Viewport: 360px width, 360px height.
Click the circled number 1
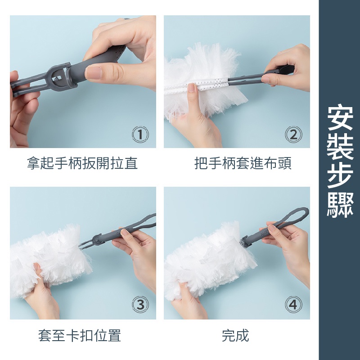[140, 135]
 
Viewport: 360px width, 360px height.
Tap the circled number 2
[293, 135]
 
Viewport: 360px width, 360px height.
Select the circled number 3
[140, 305]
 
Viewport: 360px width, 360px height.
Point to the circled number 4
[293, 305]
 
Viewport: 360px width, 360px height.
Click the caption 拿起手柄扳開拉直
[82, 163]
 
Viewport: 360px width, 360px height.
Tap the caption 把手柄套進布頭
[243, 163]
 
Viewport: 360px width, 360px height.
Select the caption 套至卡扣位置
[80, 335]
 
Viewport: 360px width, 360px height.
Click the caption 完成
[235, 335]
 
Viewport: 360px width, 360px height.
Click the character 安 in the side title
[340, 117]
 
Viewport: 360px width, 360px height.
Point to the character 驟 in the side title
[340, 205]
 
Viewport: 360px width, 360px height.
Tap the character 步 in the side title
[340, 175]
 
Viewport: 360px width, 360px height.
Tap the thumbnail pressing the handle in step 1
[94, 73]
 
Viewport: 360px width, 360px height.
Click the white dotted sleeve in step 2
[198, 84]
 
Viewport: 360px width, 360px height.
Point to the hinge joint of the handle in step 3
[97, 239]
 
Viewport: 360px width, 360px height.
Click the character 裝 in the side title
[340, 147]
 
